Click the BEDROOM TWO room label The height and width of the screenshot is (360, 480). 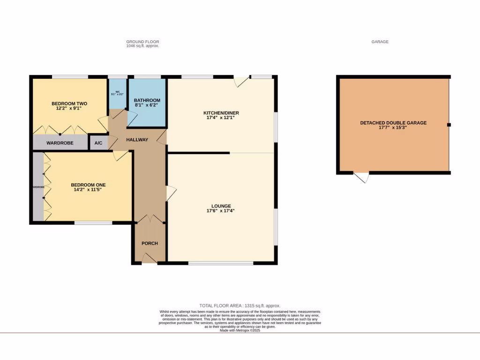point(69,104)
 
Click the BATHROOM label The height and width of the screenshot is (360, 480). point(147,100)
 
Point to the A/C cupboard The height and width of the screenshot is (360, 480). point(98,142)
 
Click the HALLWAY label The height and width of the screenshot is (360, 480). point(137,140)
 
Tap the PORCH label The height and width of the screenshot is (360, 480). point(150,243)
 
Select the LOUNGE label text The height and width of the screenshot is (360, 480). point(221,206)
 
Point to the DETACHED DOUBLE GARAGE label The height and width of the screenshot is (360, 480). point(393,123)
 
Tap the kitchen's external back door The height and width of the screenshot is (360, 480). point(242,82)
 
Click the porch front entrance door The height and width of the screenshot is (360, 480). point(149,258)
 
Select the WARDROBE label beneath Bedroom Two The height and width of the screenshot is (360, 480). point(60,142)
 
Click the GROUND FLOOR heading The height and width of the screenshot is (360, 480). point(142,42)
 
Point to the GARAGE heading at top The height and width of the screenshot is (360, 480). point(380,42)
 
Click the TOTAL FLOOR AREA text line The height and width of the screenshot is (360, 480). point(240,306)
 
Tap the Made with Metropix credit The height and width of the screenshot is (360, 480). point(240,330)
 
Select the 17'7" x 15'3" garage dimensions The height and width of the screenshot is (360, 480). point(393,127)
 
